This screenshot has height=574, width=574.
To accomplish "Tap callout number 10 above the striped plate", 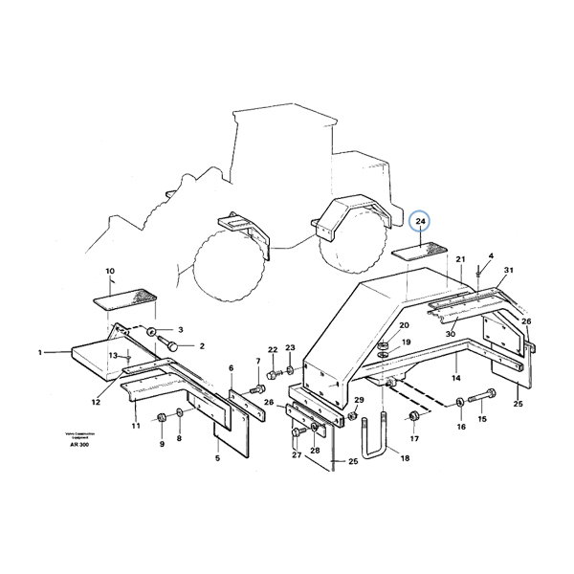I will click(109, 272).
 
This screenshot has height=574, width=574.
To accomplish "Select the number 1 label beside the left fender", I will click(41, 353).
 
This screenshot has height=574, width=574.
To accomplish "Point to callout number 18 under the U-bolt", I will click(405, 458).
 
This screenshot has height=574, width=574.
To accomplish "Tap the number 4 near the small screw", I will click(491, 256).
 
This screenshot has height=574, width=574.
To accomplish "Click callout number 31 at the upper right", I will click(509, 270).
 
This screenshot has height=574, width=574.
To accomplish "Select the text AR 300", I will click(77, 445).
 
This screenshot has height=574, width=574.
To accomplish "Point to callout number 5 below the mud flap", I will click(217, 458).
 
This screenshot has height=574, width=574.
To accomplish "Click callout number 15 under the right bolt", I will click(482, 419).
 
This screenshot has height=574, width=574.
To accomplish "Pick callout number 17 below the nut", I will click(414, 439).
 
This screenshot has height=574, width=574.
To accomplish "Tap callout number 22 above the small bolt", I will click(273, 349).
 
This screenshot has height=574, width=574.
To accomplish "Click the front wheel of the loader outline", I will click(230, 258).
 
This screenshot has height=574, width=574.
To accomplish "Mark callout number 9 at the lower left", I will click(162, 443).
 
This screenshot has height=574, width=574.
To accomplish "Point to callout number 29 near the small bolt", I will click(360, 400).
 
